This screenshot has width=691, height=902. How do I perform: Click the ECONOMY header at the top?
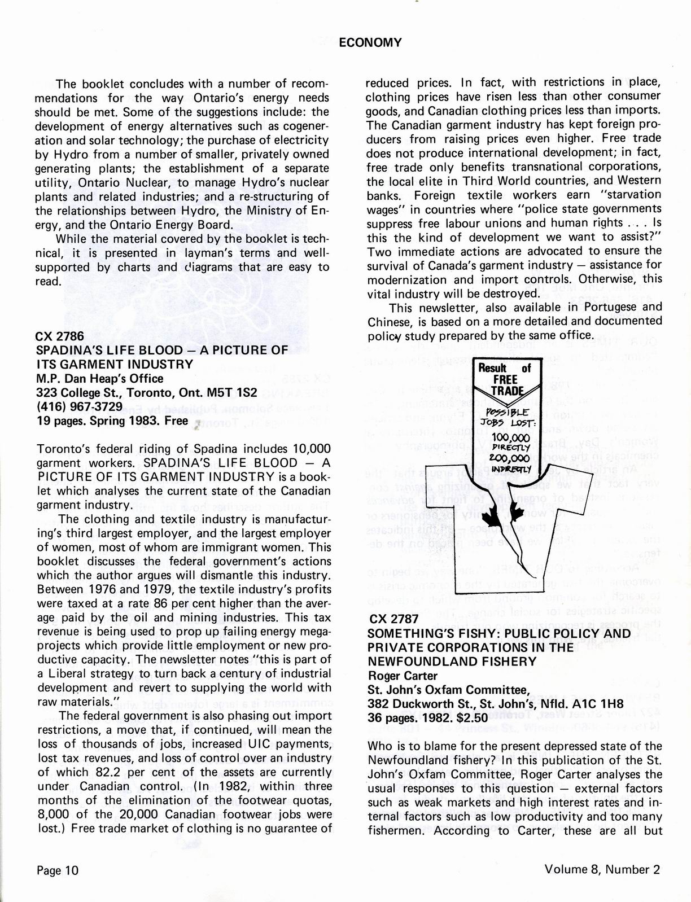point(370,42)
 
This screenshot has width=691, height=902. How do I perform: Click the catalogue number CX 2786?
point(60,336)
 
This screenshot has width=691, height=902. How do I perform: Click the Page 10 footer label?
point(58,870)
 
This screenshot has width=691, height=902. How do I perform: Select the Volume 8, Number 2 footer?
point(602,869)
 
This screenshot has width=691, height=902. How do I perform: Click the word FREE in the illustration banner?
point(505,379)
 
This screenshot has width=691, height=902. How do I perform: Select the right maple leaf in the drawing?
point(515,512)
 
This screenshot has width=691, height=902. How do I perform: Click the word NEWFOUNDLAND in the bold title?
point(416,661)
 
